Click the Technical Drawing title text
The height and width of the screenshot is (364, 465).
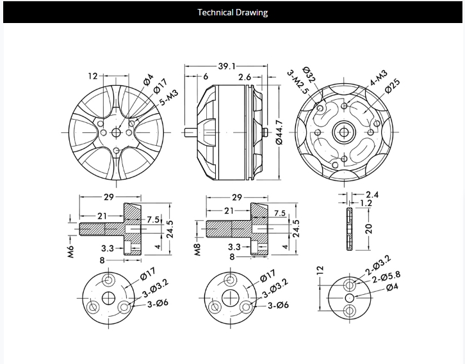click(232, 12)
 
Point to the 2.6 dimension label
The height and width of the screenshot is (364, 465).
click(244, 77)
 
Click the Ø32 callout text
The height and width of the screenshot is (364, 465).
click(308, 74)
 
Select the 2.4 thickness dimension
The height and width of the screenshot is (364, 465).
click(372, 194)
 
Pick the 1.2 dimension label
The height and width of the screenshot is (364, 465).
click(367, 203)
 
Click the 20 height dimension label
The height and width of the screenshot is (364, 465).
click(368, 228)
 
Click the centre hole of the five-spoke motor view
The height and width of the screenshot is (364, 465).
click(117, 132)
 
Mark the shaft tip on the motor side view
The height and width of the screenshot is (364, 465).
click(185, 133)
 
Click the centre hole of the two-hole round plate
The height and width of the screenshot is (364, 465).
click(349, 297)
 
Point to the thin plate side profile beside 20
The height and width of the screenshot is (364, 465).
click(348, 228)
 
